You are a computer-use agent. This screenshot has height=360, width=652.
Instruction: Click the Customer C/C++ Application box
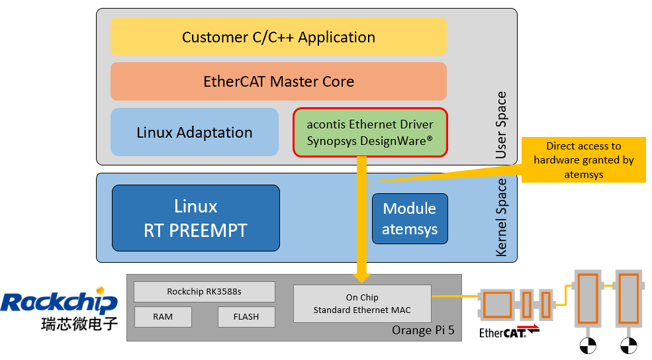pos(279,37)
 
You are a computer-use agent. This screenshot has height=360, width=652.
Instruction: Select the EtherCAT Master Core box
pos(279,81)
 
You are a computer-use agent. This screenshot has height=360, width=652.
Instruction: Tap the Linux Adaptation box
pos(195,132)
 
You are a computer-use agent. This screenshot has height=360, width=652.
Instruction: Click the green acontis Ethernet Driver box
pos(370,132)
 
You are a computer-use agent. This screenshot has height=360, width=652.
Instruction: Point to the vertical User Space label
pos(501,125)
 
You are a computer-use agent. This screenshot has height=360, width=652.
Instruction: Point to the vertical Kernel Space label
pos(501,218)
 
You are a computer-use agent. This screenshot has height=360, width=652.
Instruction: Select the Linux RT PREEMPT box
pos(195,218)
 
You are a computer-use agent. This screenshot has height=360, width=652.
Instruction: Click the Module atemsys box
pos(409,219)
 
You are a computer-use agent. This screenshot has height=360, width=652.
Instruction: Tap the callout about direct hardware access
pos(583,159)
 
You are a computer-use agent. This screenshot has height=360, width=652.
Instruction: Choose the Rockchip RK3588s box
pos(204,292)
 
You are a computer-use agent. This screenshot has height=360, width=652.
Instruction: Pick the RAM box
pos(163,317)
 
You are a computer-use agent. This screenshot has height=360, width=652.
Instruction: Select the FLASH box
pos(246,317)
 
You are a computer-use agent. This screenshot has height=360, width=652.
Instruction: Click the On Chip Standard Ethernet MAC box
pos(361,304)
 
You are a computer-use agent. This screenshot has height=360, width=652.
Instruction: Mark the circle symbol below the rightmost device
pos(628,345)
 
